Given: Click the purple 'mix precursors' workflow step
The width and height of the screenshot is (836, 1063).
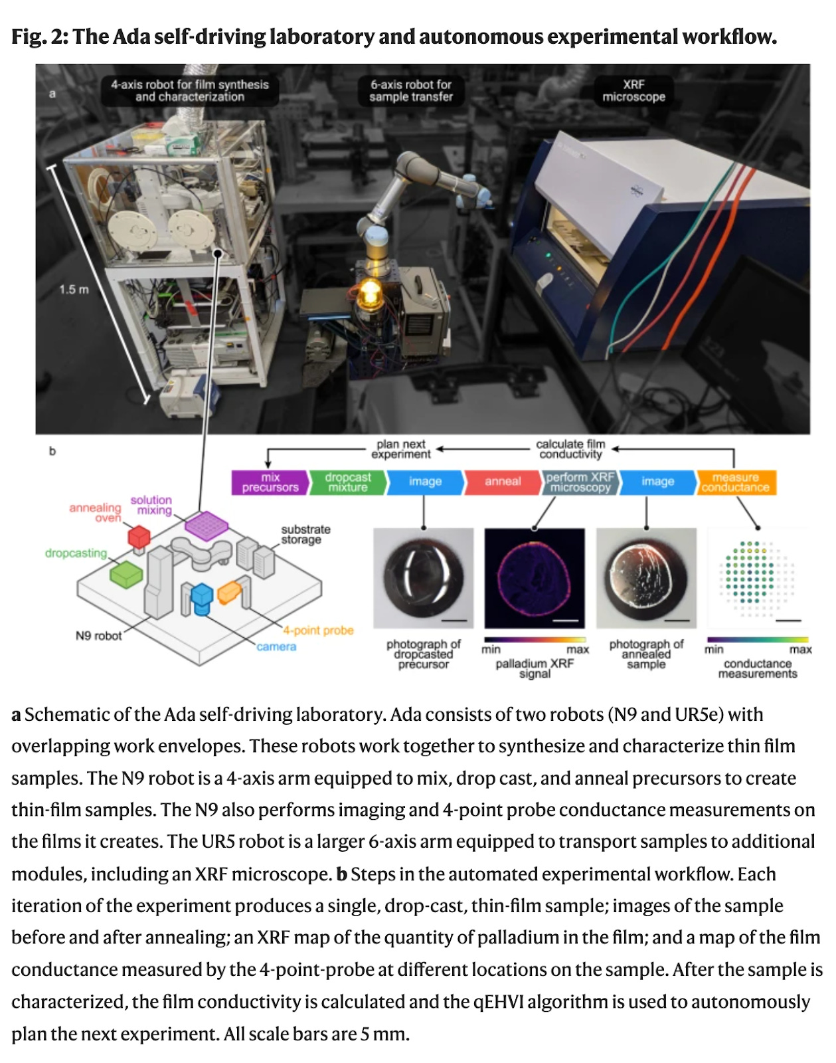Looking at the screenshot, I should click(x=270, y=482).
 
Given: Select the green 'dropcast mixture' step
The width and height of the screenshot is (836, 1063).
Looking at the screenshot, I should click(x=347, y=482).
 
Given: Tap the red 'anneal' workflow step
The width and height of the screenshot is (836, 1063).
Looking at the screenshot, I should click(x=503, y=482).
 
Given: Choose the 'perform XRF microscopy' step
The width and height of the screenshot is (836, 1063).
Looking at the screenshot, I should click(x=580, y=482).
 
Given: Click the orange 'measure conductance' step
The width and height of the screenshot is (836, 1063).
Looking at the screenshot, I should click(x=735, y=482).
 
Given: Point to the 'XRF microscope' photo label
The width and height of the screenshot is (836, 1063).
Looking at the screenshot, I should click(x=633, y=90).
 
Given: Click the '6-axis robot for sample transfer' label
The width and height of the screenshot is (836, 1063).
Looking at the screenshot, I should click(x=410, y=90).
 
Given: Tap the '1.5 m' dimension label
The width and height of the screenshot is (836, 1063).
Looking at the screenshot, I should click(x=73, y=290).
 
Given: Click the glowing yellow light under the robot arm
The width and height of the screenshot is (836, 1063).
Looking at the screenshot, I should click(x=369, y=292).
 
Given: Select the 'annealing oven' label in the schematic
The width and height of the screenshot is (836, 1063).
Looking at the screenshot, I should click(x=96, y=512).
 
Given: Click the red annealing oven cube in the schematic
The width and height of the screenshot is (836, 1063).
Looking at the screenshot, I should click(x=139, y=535).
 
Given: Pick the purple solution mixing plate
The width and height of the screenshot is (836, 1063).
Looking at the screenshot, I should click(x=207, y=525).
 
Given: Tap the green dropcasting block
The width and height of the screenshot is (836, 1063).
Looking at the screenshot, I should click(x=125, y=574).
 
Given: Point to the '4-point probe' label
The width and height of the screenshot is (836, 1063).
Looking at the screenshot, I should click(x=318, y=630).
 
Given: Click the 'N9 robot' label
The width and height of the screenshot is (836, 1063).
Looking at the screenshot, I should click(x=98, y=636).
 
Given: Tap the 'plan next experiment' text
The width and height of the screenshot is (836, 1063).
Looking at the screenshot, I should click(x=400, y=449).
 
